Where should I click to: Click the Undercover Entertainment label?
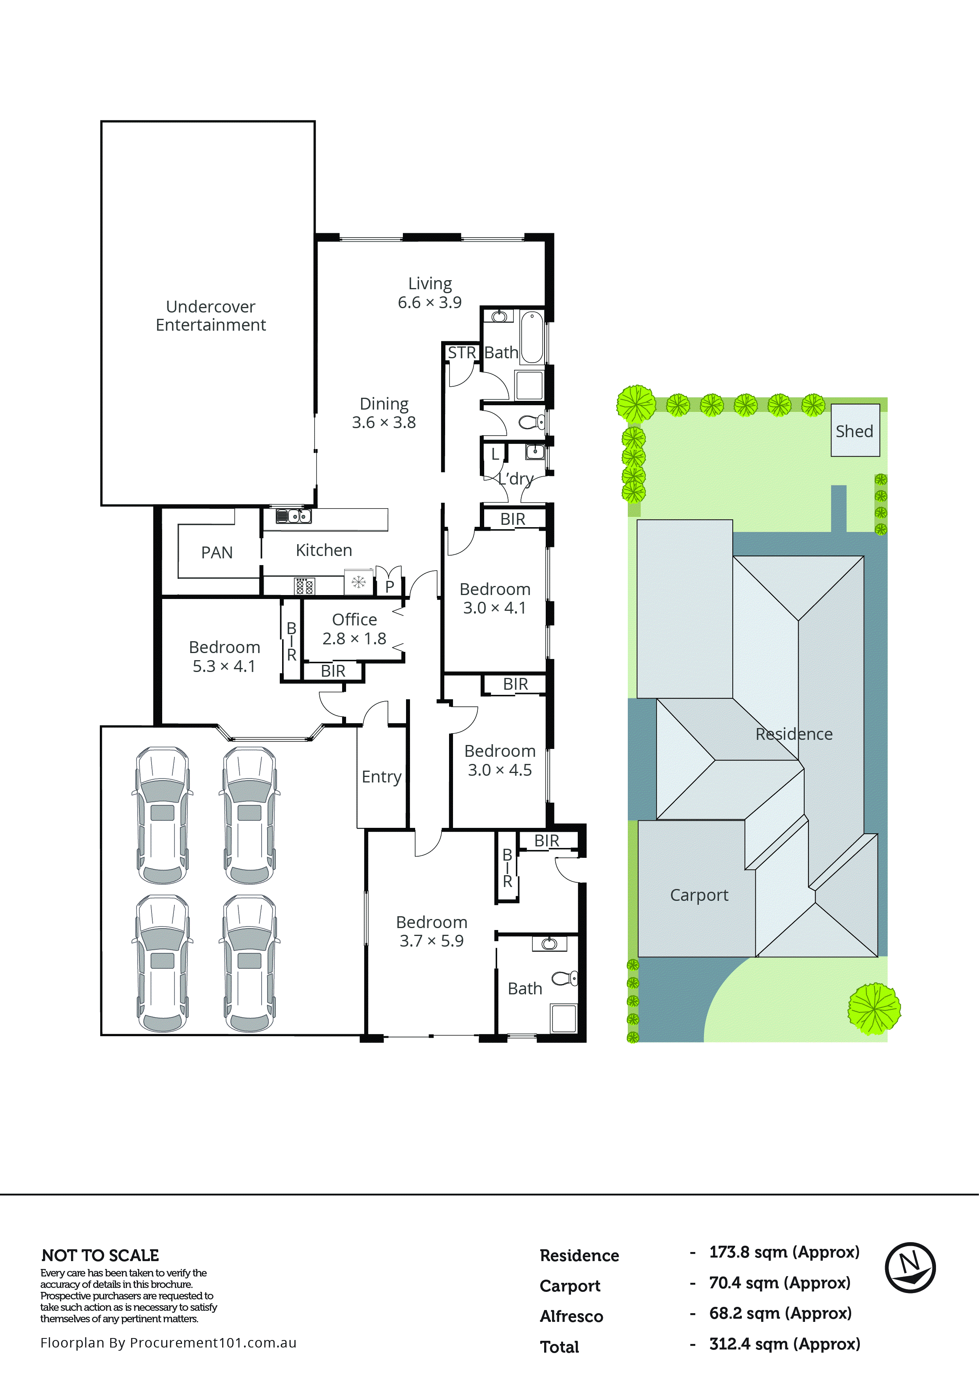click(210, 316)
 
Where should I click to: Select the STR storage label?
click(461, 352)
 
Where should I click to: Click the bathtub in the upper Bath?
click(532, 336)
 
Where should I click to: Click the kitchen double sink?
click(293, 516)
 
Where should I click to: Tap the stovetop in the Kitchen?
click(304, 586)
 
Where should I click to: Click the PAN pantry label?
click(217, 552)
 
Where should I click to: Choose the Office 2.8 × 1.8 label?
click(354, 629)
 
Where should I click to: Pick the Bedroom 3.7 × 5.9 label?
click(431, 931)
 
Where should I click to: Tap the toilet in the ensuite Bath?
click(565, 978)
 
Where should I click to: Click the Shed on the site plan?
click(854, 431)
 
